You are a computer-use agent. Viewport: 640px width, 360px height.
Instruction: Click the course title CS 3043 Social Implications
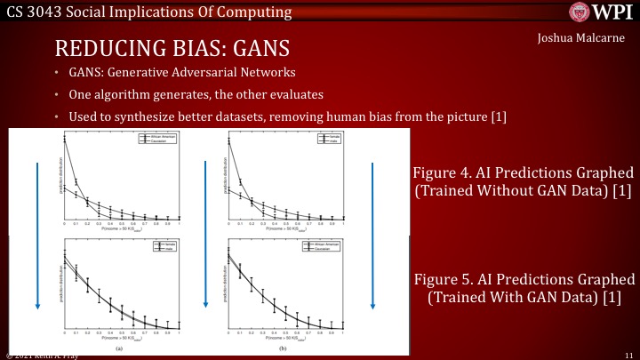(x=148, y=12)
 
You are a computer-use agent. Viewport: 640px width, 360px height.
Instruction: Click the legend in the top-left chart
(x=156, y=140)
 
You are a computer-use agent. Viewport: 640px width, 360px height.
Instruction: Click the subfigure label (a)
(x=120, y=349)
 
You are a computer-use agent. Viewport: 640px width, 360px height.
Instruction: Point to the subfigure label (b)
(x=283, y=349)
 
